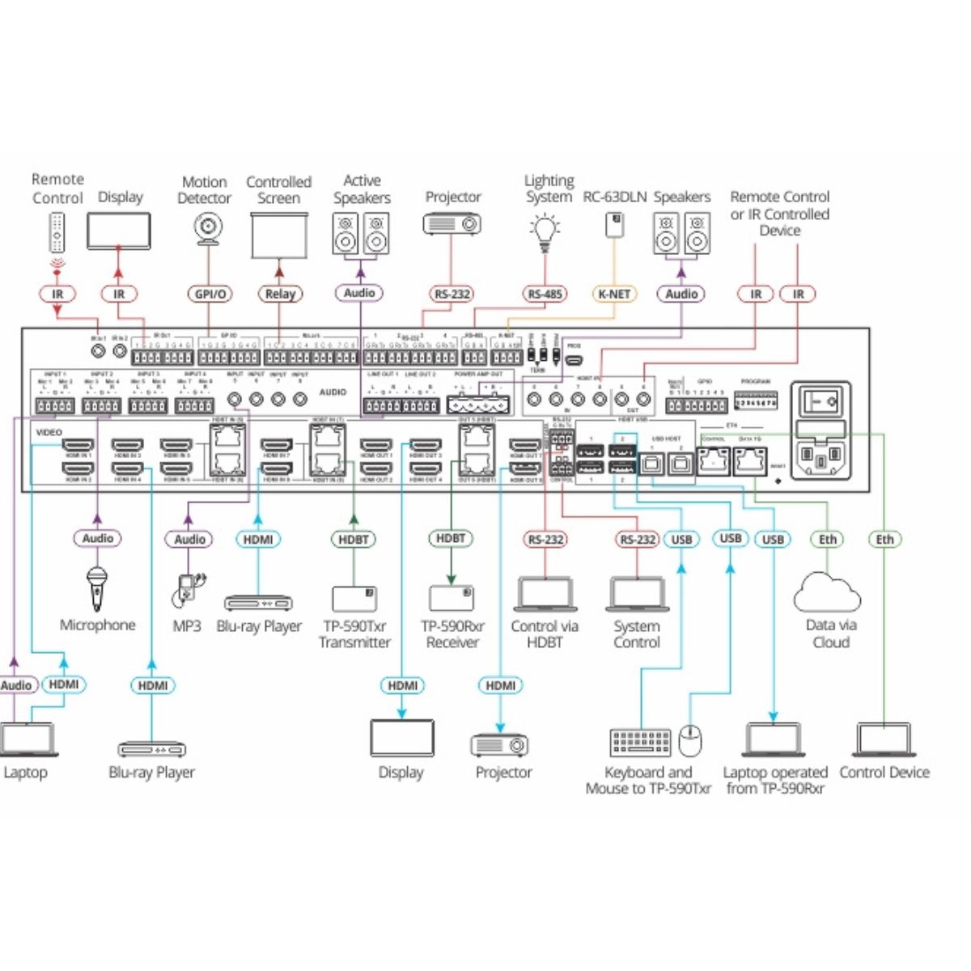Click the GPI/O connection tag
[210, 294]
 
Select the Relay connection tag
[280, 294]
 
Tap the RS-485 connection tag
[545, 294]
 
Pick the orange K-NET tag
[613, 294]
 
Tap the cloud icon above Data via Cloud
[827, 592]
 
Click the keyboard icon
[640, 741]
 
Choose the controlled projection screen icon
[279, 235]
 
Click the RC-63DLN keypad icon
[614, 226]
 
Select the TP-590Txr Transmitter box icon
[354, 598]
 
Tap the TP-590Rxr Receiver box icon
[452, 597]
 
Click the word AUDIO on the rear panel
[333, 392]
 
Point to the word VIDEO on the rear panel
[49, 432]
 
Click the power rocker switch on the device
[820, 401]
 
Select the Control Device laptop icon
[883, 740]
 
